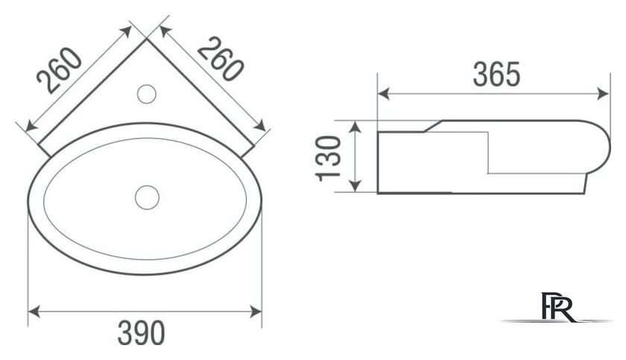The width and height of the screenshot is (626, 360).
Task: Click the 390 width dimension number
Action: tap(141, 332)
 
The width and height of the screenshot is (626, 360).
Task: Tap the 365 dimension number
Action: tap(496, 75)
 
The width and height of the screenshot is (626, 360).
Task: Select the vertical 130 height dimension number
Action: tap(328, 159)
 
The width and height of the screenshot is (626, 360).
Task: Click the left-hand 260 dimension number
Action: tap(59, 70)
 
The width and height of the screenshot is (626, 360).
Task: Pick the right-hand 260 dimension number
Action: tap(220, 59)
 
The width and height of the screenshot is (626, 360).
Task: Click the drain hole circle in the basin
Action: tap(147, 198)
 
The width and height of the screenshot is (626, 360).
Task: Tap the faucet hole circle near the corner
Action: tap(147, 94)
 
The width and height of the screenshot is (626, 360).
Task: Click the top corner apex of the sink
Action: tap(147, 38)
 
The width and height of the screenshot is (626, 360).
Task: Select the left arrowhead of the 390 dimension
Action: tap(34, 312)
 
